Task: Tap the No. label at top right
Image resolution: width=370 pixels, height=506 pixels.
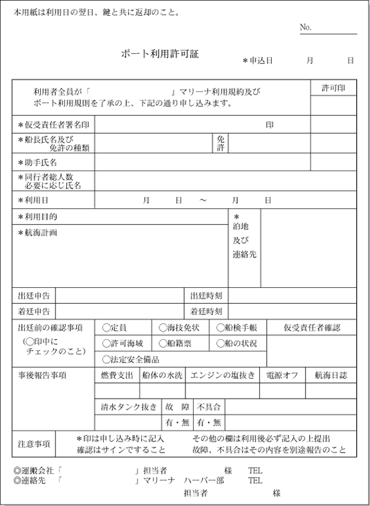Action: (306, 27)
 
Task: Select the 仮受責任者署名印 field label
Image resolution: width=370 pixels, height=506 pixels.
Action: (57, 125)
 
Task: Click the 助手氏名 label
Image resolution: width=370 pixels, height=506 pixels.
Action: (40, 162)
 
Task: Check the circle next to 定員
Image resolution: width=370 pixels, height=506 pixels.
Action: (106, 328)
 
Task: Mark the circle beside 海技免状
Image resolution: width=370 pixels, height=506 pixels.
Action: (163, 328)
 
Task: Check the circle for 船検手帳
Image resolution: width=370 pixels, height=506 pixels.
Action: (220, 328)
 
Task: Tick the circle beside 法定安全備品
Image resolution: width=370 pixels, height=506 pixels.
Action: (106, 359)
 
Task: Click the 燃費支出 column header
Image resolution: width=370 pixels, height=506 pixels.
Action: (116, 375)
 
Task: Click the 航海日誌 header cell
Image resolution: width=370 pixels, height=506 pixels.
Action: (331, 375)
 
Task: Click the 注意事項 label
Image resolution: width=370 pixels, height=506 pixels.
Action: (34, 443)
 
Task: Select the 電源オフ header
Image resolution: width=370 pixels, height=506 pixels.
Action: (281, 375)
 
